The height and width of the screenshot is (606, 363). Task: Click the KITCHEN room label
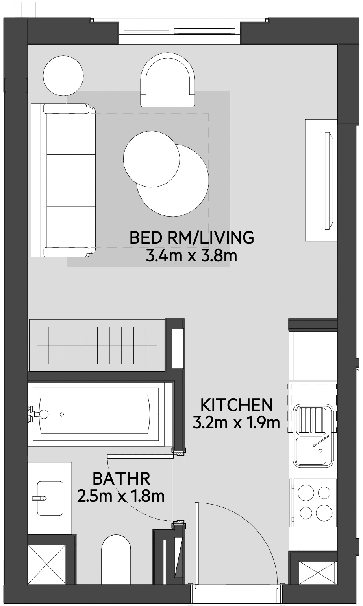point(236,404)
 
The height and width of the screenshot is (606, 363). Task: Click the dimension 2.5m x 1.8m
point(121,497)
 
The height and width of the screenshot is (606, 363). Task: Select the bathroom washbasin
point(50,498)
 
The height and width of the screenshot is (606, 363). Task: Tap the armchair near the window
point(168,81)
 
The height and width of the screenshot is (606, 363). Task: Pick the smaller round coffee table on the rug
point(152,158)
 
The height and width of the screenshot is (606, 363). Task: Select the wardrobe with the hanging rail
point(97,345)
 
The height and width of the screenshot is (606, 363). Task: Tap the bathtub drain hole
point(62,414)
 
